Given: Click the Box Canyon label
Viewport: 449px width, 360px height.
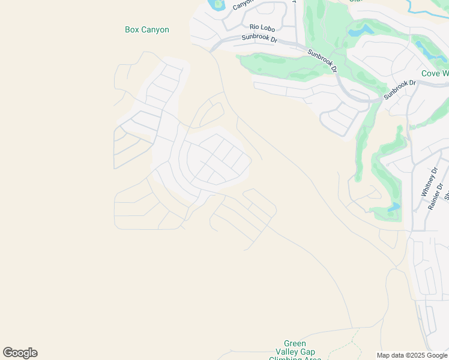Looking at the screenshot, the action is (x=147, y=29).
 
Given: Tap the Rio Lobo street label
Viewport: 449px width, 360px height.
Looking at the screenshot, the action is (x=262, y=27).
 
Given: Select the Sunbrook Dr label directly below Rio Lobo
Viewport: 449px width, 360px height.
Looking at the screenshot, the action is (x=259, y=38).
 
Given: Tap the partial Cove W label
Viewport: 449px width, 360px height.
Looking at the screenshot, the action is (x=435, y=73).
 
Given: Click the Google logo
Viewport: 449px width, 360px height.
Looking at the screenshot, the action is (x=20, y=353).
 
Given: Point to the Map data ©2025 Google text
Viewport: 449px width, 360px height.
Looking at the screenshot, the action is (x=412, y=355).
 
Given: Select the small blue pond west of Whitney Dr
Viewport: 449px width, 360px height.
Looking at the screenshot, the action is (x=394, y=208).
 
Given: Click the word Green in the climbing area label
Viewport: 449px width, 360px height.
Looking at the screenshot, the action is (x=295, y=344).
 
